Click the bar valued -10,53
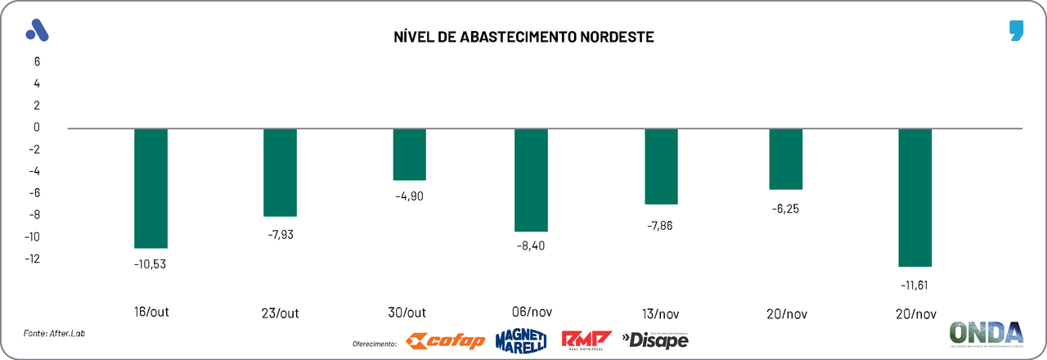[151, 188]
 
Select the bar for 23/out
[280, 173]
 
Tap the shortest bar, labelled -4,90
[409, 155]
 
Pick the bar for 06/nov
[531, 180]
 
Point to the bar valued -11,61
[914, 197]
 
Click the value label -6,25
[785, 209]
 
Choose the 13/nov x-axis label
[662, 313]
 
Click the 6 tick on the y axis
[37, 61]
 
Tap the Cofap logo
[446, 340]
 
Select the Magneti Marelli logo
[520, 340]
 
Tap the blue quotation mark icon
[1016, 32]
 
